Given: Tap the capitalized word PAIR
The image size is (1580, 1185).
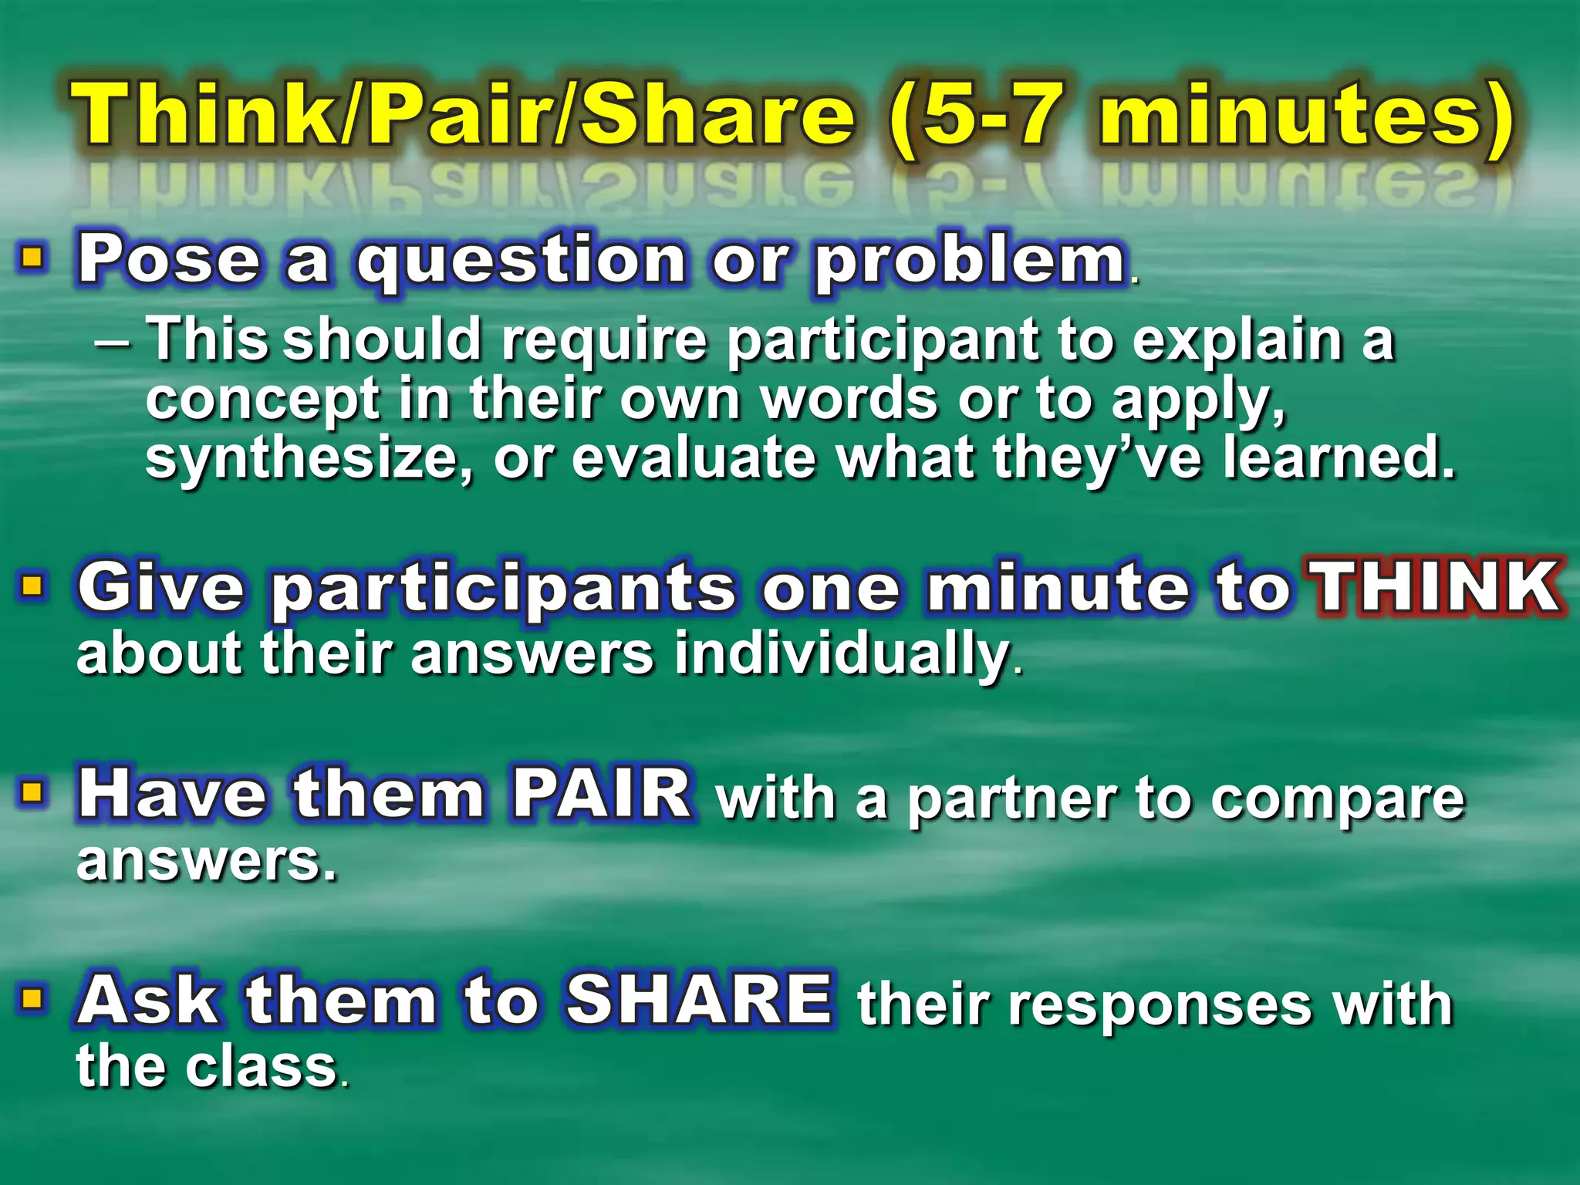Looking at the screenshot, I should tap(602, 794).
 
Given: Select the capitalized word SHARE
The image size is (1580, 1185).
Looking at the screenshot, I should tap(699, 1000).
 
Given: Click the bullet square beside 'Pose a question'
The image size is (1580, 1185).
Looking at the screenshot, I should tap(32, 257).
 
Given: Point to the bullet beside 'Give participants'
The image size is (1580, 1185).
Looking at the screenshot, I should tap(32, 586).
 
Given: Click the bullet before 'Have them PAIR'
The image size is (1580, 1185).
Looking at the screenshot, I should tap(32, 792).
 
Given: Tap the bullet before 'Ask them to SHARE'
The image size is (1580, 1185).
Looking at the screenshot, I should tap(32, 999).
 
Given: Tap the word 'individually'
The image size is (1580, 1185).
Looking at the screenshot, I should tap(842, 654).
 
